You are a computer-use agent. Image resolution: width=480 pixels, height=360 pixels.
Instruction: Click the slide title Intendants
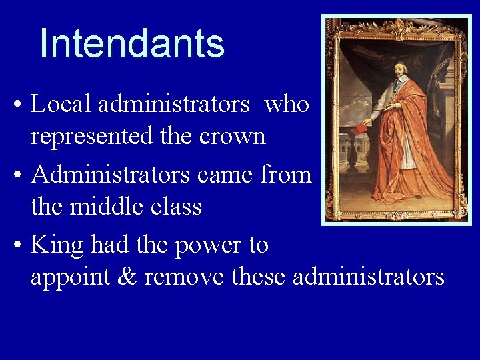pyautogui.click(x=132, y=44)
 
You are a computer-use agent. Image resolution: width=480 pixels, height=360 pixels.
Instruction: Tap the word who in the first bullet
pyautogui.click(x=287, y=104)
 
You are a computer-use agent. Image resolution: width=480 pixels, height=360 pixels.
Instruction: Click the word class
pyautogui.click(x=175, y=207)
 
